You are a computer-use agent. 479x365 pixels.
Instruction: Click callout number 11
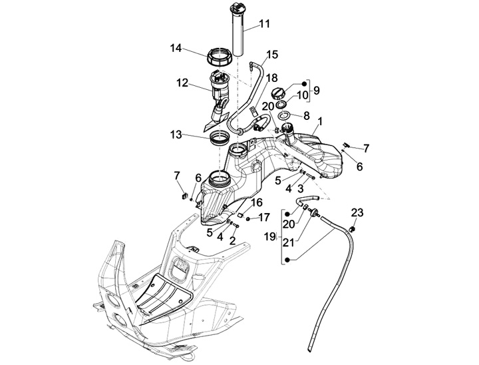(265, 24)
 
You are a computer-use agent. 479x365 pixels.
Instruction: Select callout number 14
(176, 48)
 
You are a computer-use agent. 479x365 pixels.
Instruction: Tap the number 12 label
(182, 84)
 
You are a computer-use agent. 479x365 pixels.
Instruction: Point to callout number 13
(176, 135)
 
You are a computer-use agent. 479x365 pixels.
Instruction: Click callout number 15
(272, 55)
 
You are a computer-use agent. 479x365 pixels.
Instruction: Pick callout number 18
(272, 78)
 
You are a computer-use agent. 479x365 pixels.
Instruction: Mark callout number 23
(358, 214)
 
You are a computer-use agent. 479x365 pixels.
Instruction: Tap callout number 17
(265, 216)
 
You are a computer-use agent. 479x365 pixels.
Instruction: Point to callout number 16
(256, 202)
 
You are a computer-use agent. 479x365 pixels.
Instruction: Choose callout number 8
(307, 115)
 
